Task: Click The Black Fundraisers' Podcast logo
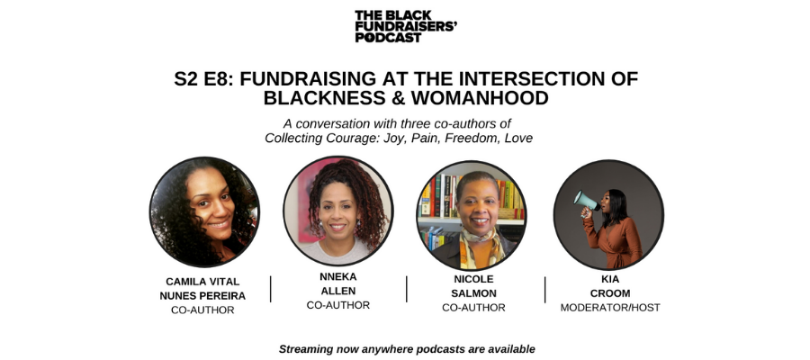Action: (406, 26)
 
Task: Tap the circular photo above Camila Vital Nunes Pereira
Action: (204, 212)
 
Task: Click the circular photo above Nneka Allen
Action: (337, 211)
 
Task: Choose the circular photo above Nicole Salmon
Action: (472, 215)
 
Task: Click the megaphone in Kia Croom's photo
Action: (586, 201)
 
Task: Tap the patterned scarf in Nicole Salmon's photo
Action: (480, 247)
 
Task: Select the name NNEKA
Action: (337, 277)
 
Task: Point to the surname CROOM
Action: (610, 293)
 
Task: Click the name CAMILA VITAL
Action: (202, 282)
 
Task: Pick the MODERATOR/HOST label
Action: (610, 308)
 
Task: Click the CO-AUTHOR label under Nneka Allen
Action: (337, 305)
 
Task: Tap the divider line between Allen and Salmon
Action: (407, 289)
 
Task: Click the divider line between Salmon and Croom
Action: (545, 290)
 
